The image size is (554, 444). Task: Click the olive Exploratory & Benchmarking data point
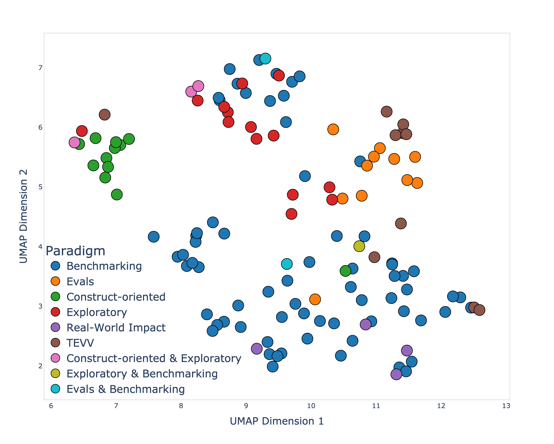359,246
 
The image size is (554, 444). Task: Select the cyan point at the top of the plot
265,58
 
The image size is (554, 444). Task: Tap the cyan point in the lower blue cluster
287,264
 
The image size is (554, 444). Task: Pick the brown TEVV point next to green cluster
105,114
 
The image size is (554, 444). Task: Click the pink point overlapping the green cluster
74,142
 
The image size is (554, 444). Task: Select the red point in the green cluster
82,131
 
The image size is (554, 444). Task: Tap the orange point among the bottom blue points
315,299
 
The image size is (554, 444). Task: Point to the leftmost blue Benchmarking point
153,237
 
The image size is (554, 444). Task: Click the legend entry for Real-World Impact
116,327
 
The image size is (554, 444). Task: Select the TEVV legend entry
80,343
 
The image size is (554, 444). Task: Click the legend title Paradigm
75,251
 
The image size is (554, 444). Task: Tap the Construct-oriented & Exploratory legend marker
55,358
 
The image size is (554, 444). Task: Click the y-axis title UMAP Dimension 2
23,216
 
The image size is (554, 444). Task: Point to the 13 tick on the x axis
506,406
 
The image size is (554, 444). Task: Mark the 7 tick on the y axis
40,68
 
